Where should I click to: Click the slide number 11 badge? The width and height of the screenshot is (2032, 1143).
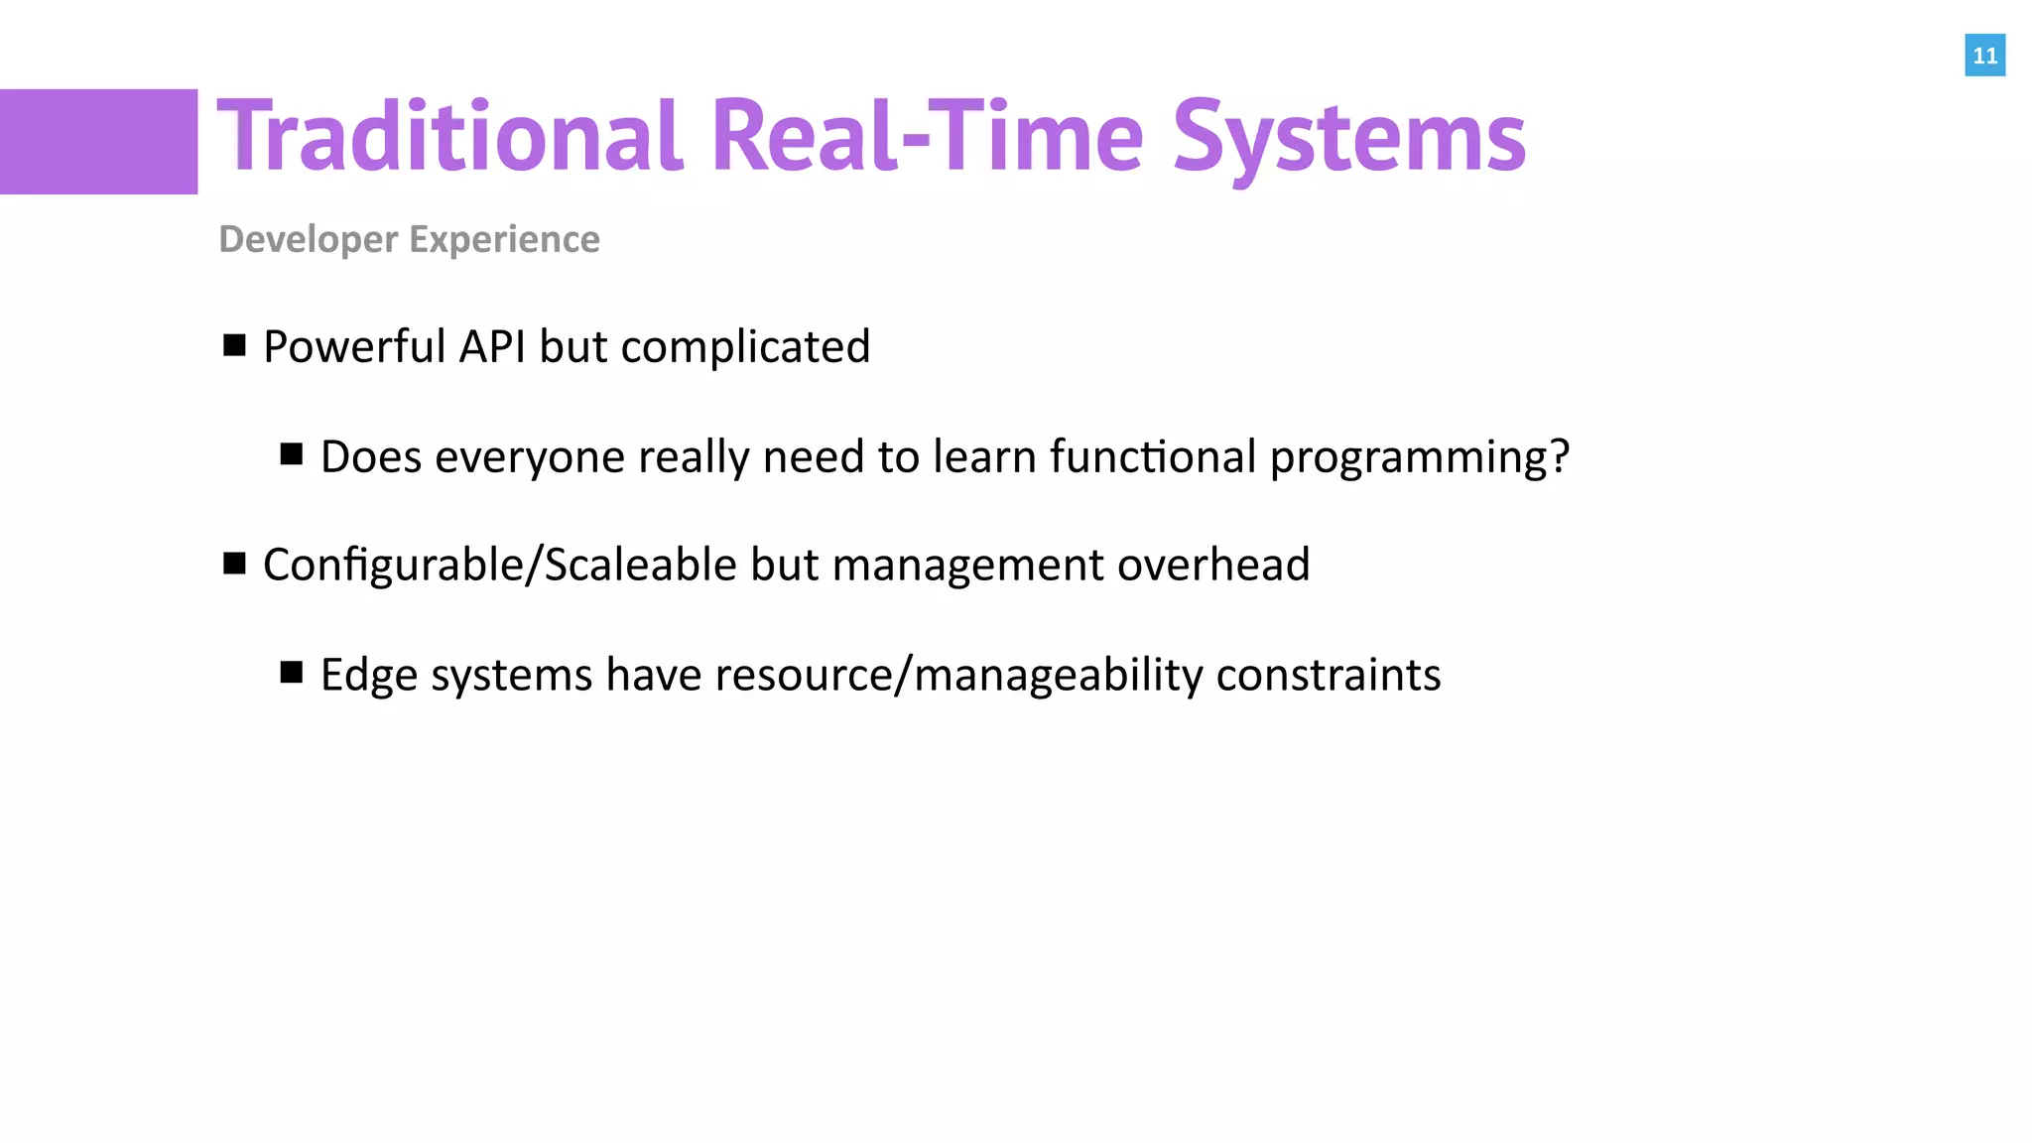[x=1984, y=56]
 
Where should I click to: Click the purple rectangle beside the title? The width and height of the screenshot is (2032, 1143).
[x=98, y=142]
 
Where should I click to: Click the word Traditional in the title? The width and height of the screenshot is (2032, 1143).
[x=449, y=137]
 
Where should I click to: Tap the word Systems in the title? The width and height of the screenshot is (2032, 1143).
[x=1348, y=137]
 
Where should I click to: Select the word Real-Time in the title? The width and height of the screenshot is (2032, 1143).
[x=928, y=137]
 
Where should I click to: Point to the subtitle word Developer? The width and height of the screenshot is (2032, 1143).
[x=309, y=240]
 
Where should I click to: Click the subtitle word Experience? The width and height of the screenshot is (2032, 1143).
[x=504, y=240]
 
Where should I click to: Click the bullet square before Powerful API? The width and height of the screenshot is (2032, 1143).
[x=235, y=345]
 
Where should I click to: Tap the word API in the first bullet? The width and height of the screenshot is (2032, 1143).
[x=492, y=347]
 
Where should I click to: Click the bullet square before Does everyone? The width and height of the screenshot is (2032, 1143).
[x=292, y=454]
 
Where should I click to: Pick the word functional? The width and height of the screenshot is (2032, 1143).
[x=1153, y=457]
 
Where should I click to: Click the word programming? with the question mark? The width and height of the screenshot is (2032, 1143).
[x=1419, y=457]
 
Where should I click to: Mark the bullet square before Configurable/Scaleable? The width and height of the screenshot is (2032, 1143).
[x=235, y=564]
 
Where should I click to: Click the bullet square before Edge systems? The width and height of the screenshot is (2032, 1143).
[x=292, y=673]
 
